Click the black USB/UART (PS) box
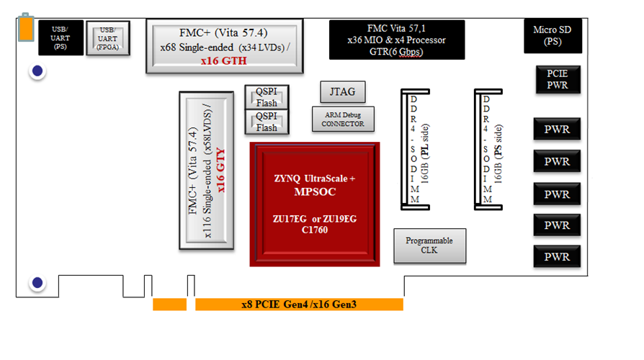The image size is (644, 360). click(x=59, y=35)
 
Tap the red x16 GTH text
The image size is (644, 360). click(x=223, y=61)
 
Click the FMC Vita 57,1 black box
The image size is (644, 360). click(x=396, y=39)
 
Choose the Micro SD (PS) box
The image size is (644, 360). click(x=553, y=36)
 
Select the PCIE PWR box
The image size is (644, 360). click(x=557, y=79)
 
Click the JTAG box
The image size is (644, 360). click(x=342, y=91)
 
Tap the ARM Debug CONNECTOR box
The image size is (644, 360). click(x=342, y=120)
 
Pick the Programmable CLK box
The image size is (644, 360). click(x=429, y=246)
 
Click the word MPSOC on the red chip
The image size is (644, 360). click(x=315, y=192)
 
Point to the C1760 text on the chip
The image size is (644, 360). click(x=314, y=230)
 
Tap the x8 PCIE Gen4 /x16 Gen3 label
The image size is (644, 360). click(x=299, y=305)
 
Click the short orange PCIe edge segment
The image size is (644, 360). click(x=169, y=305)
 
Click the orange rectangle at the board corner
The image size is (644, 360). click(x=26, y=28)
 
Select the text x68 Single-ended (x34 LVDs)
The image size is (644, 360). click(x=224, y=48)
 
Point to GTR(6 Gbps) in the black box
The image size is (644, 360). click(x=396, y=52)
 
